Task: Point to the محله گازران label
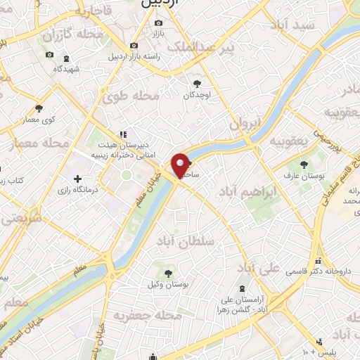point(73,34)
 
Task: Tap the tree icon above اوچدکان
point(197,84)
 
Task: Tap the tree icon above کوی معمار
point(39,108)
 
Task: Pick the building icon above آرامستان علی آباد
point(243,288)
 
